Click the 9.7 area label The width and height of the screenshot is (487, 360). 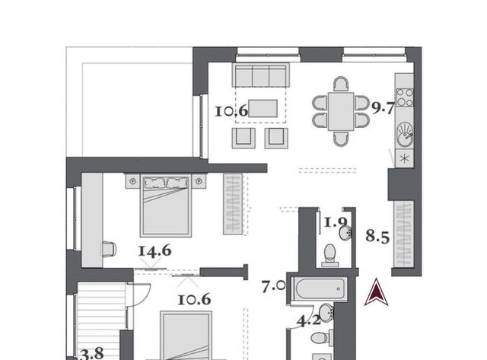point(384,108)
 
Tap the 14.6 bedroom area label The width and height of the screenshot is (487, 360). point(154,251)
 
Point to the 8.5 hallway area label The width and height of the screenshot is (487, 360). point(377,236)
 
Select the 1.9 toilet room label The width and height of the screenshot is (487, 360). point(336,222)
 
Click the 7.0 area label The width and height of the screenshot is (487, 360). point(273,286)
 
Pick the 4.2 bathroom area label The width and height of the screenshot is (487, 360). point(309,320)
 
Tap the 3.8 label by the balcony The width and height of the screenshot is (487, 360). point(92,353)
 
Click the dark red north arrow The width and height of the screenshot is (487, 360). point(377,292)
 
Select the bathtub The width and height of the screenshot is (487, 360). point(320,289)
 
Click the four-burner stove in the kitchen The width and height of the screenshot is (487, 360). point(405,97)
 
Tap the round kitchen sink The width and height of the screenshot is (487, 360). point(405,134)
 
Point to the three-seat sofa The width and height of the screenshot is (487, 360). point(261,75)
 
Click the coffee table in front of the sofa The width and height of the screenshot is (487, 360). point(263,108)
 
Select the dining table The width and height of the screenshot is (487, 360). point(341,111)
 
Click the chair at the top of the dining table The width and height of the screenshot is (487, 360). point(341,84)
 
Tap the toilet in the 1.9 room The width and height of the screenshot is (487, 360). point(329,255)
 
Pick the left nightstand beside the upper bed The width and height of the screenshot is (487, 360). point(132,181)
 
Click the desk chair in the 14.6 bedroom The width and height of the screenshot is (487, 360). point(110,249)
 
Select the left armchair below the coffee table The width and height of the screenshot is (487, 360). point(243,138)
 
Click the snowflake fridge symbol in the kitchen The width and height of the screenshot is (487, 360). point(404,159)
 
